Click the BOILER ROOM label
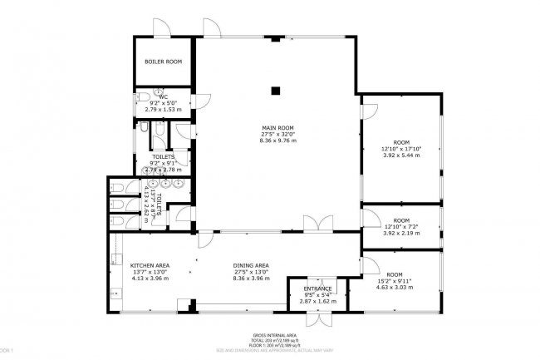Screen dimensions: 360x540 [163, 62]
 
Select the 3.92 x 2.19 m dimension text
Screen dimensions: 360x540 [402, 233]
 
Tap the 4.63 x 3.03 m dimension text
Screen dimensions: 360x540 [394, 288]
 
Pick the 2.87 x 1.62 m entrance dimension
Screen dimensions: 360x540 [317, 300]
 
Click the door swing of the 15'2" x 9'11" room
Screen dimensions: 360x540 [371, 266]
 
